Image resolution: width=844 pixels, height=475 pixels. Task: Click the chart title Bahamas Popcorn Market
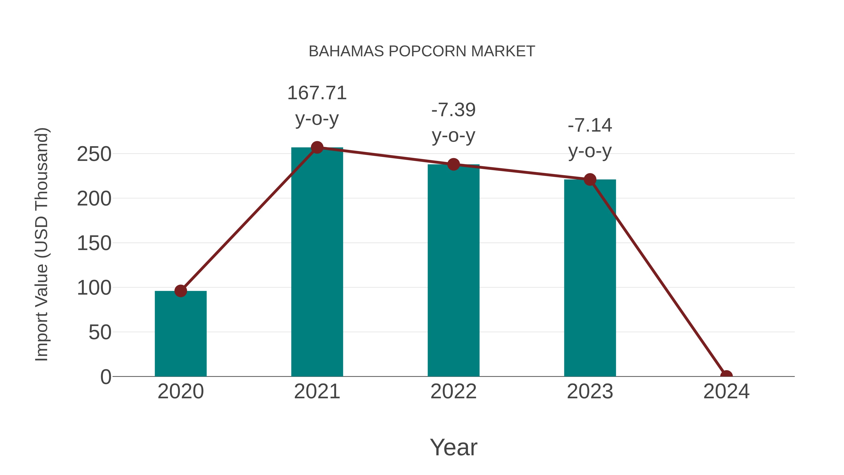tap(422, 51)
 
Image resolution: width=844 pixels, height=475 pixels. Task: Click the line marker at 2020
tap(181, 291)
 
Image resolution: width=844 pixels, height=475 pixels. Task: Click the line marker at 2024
tap(726, 376)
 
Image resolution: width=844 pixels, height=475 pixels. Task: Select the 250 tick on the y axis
tap(94, 154)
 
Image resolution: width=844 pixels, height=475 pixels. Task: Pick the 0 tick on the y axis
tap(106, 377)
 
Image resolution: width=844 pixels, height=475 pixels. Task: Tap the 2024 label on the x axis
tap(726, 391)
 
